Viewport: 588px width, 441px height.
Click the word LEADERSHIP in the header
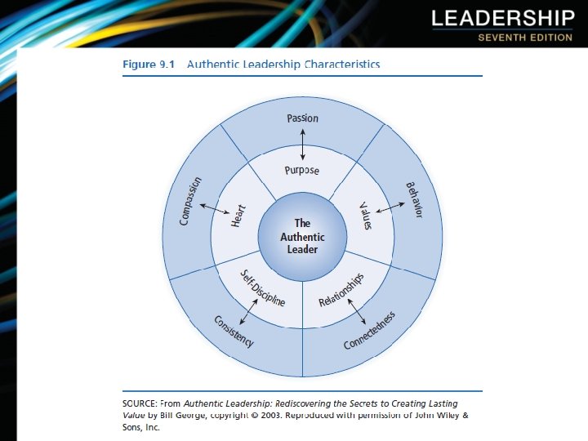pyautogui.click(x=502, y=18)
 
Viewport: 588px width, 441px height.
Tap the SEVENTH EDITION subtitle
pyautogui.click(x=525, y=38)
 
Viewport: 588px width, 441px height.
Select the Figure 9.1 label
pyautogui.click(x=149, y=64)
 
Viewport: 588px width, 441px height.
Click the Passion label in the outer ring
pyautogui.click(x=303, y=118)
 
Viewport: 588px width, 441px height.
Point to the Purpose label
pyautogui.click(x=302, y=171)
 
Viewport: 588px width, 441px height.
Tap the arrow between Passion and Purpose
pyautogui.click(x=303, y=145)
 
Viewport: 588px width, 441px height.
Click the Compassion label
pyautogui.click(x=191, y=203)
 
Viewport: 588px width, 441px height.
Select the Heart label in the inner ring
pyautogui.click(x=238, y=216)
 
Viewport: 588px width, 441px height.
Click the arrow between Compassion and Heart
pyautogui.click(x=215, y=210)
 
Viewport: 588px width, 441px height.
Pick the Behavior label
pyautogui.click(x=414, y=199)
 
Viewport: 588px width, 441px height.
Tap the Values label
pyautogui.click(x=365, y=216)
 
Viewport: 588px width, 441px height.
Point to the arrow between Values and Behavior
pyautogui.click(x=390, y=208)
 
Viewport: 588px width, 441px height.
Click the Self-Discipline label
pyautogui.click(x=262, y=287)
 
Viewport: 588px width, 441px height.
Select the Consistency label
pyautogui.click(x=234, y=331)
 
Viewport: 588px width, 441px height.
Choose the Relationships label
pyautogui.click(x=341, y=290)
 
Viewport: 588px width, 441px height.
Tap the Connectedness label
pyautogui.click(x=370, y=330)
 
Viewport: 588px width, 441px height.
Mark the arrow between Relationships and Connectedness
pyautogui.click(x=357, y=310)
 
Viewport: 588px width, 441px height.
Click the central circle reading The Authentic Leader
pyautogui.click(x=302, y=236)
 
